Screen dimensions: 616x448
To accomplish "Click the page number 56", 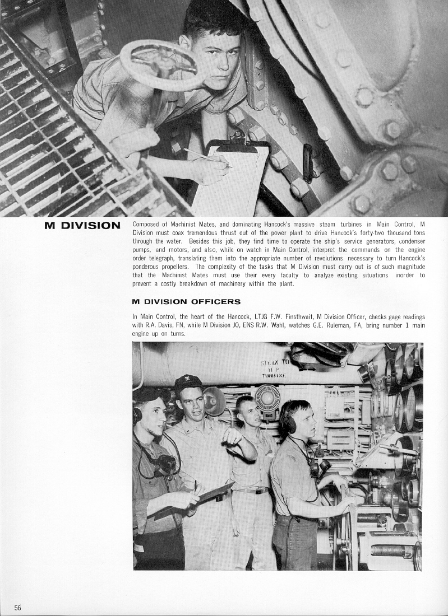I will pyautogui.click(x=17, y=608).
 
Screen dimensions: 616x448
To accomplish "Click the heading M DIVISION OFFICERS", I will pyautogui.click(x=186, y=302).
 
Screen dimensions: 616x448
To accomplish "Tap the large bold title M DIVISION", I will pyautogui.click(x=82, y=226).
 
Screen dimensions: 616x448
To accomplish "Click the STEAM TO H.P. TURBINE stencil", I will pyautogui.click(x=274, y=368).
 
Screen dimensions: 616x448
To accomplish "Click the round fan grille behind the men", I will pyautogui.click(x=267, y=399).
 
